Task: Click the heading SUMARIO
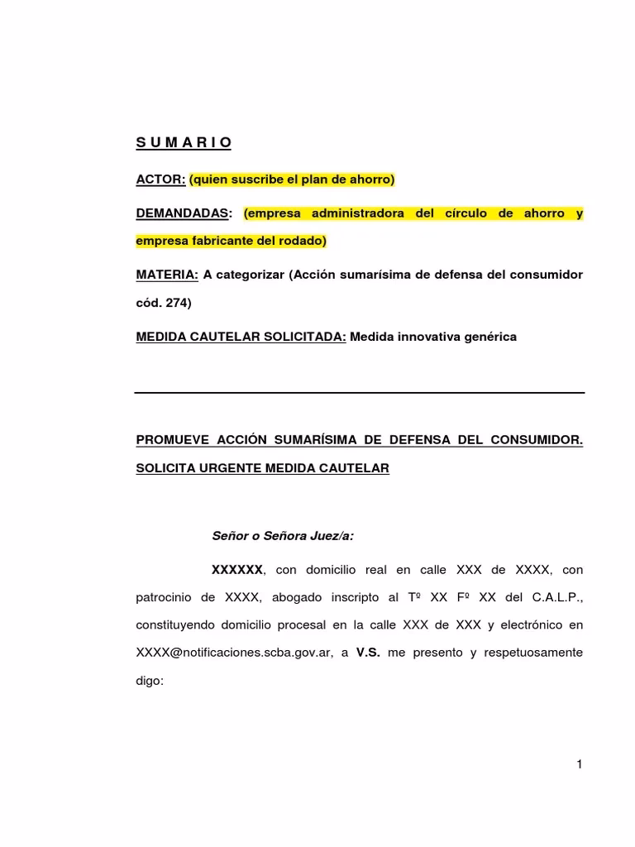(x=184, y=144)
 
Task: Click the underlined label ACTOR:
(x=160, y=179)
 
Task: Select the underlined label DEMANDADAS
(x=181, y=213)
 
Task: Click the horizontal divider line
(x=360, y=392)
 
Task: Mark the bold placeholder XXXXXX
(x=237, y=570)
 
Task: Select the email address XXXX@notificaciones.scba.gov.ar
(x=234, y=653)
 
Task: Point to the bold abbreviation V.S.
(x=368, y=653)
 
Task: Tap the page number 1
(x=580, y=764)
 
